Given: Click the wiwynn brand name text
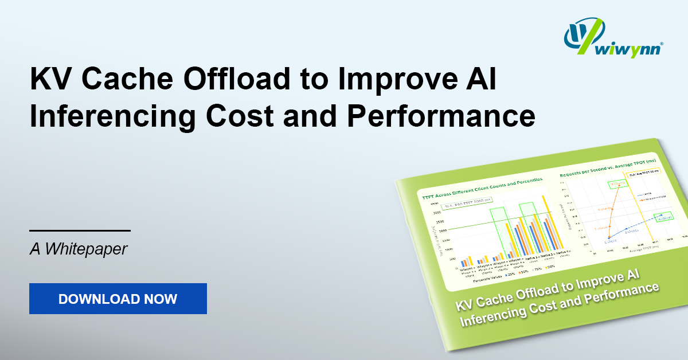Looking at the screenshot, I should pyautogui.click(x=631, y=50).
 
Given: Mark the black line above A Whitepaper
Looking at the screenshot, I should pyautogui.click(x=80, y=230).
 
